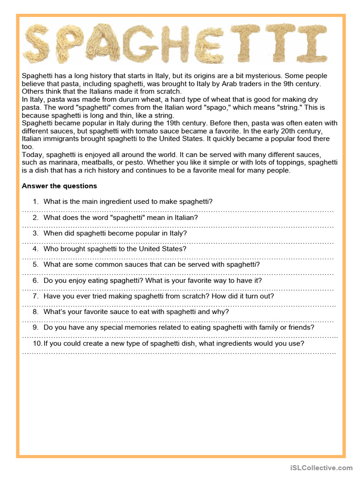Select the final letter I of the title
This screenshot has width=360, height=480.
point(315,44)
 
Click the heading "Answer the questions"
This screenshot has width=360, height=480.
point(60,186)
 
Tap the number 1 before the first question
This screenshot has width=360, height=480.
point(35,202)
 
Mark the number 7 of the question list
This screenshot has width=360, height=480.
point(35,296)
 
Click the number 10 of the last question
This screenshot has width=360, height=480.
point(37,344)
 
